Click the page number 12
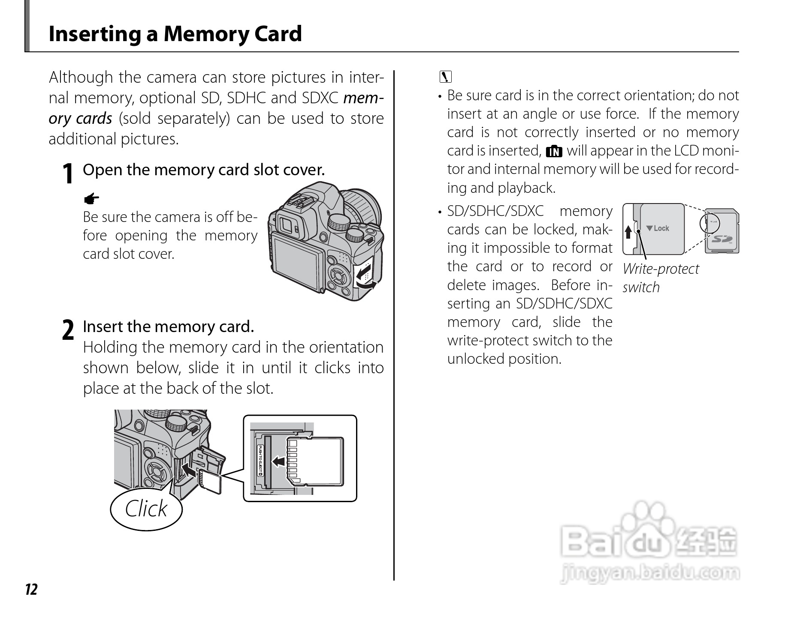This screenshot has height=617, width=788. pos(31,590)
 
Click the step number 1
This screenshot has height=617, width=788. pos(67,174)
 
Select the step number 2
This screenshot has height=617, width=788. pos(68,331)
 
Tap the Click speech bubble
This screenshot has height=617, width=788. pos(146,509)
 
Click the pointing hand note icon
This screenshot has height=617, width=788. pos(91,199)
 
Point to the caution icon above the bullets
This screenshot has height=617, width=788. pos(446,77)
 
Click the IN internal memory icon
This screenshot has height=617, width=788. pos(554,151)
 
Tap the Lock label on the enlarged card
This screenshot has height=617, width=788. pos(658,228)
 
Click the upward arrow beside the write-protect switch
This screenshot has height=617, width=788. pos(628,232)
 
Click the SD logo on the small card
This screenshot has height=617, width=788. pos(722,238)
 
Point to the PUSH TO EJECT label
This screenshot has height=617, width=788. pos(260,461)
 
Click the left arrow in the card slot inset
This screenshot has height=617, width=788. pos(279,461)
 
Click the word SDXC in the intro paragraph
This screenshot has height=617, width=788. pos(320,98)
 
